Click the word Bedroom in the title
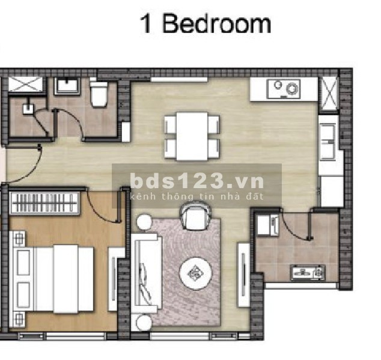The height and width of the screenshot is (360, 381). pos(216,23)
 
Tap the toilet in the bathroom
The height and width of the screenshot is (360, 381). pos(99,94)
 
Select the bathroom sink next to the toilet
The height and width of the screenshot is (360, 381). pos(67,86)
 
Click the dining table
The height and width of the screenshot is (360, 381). pos(192,136)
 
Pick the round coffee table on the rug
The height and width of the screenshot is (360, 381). pos(195,273)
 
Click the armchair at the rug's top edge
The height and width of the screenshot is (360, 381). pos(195,217)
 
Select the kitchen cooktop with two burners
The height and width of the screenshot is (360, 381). pos(284,89)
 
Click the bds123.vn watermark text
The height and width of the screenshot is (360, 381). pos(197,181)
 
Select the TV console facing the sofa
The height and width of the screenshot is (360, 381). pos(244,275)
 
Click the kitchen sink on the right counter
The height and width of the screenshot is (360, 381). pos(328,142)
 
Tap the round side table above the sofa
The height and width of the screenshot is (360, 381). pos(144,222)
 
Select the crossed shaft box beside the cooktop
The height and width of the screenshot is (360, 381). pos(329,94)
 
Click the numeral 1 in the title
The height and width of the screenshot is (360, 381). pos(146,24)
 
